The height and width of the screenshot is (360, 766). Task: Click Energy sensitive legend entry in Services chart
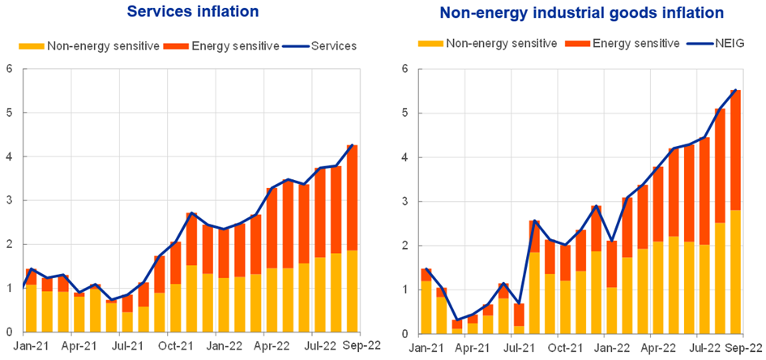(228, 46)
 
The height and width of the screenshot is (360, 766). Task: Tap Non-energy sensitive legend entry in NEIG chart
(489, 44)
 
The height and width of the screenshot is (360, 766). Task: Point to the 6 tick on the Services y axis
(9, 69)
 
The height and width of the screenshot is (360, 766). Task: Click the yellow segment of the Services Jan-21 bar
(31, 308)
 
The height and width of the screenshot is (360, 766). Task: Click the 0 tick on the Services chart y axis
(9, 332)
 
